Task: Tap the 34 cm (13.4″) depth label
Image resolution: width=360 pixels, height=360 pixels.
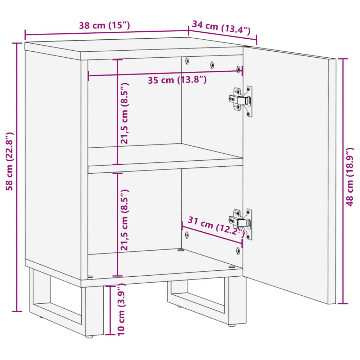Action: pyautogui.click(x=221, y=27)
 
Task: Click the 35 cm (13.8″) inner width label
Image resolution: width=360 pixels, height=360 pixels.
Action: pyautogui.click(x=177, y=80)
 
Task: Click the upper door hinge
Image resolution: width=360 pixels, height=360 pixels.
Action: pyautogui.click(x=241, y=100)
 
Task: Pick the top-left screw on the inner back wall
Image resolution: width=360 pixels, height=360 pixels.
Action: pyautogui.click(x=187, y=60)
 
